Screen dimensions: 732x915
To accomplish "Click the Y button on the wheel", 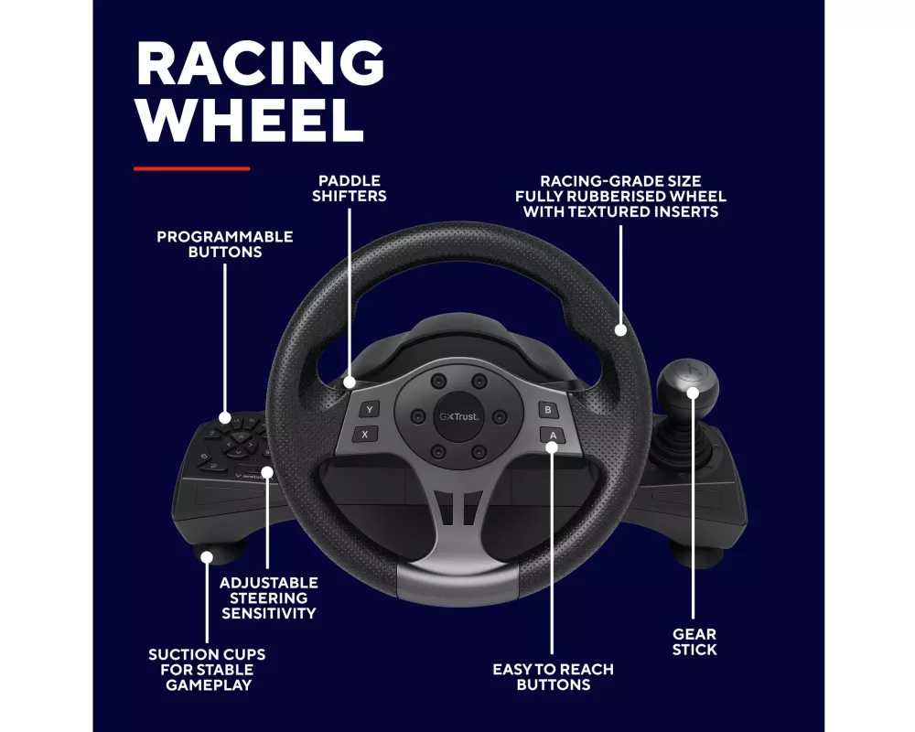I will (368, 410).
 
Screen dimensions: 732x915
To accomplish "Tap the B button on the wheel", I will (547, 410).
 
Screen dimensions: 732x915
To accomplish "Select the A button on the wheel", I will (551, 435).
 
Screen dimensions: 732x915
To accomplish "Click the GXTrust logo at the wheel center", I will (458, 416).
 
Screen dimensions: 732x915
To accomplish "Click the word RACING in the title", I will (260, 63).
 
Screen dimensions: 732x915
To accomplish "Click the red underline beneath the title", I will (191, 168).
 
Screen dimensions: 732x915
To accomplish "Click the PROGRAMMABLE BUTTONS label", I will (225, 243).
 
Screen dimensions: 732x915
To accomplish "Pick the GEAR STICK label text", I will (694, 641).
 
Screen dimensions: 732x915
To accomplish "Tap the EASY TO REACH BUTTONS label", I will (553, 677).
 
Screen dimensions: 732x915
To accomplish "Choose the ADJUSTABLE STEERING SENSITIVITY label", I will (269, 597).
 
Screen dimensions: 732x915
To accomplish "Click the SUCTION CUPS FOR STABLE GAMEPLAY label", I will (208, 670).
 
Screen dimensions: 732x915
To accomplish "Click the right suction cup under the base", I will (691, 552).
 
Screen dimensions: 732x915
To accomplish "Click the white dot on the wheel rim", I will (621, 329).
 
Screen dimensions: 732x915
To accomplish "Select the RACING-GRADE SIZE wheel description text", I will (620, 197).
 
